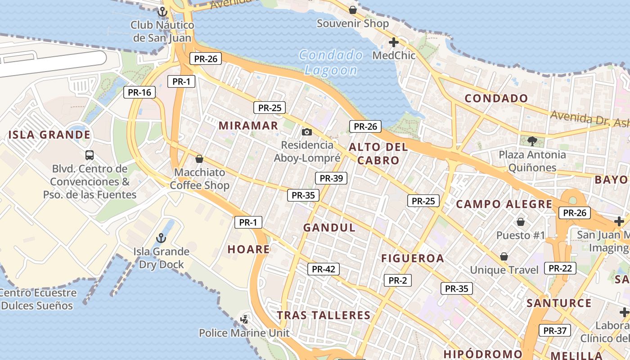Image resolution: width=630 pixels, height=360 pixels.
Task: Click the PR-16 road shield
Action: point(139,92)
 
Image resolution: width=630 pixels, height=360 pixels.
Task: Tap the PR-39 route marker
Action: point(331,178)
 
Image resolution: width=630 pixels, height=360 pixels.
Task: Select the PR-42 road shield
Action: point(324,269)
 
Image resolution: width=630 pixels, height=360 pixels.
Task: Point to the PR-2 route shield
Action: point(398,280)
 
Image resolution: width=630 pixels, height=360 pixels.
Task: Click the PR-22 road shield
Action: point(560,268)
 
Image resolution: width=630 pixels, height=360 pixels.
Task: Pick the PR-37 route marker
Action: point(555,330)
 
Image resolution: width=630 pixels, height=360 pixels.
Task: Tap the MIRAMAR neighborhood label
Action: point(248,126)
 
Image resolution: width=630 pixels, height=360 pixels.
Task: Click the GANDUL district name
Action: point(329,228)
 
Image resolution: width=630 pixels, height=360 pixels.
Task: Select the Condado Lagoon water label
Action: point(331,63)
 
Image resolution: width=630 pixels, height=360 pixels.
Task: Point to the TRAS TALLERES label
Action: point(324,315)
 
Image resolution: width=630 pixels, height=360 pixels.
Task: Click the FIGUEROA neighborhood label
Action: point(413,258)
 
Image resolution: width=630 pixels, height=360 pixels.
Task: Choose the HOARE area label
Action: point(248,249)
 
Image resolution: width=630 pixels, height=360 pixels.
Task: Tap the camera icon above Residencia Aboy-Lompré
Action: point(307,132)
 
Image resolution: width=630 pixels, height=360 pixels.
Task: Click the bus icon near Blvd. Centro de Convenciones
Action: point(90,155)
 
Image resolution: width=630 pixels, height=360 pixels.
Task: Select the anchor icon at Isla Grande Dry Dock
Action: point(161,238)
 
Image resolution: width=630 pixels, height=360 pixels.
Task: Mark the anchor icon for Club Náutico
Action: point(162,12)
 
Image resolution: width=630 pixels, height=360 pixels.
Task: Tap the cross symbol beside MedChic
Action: point(394,43)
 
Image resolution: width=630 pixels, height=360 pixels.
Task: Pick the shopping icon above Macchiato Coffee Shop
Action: point(199,159)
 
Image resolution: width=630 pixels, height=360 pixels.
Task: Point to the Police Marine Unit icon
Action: point(244,319)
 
